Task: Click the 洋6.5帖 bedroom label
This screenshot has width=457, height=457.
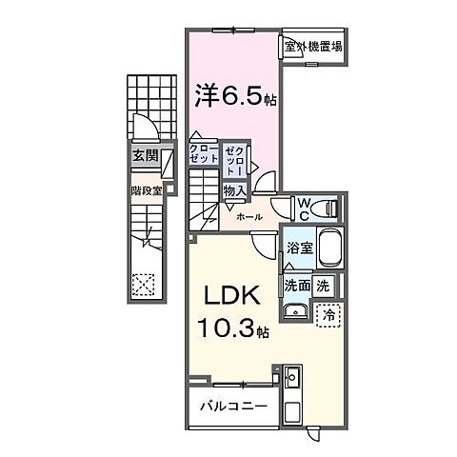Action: click(x=236, y=96)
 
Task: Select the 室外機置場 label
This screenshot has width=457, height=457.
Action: click(x=313, y=46)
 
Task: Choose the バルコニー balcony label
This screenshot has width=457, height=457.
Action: click(x=234, y=407)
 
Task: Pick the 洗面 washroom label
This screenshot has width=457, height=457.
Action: click(x=296, y=284)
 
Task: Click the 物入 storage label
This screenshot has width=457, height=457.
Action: click(x=235, y=191)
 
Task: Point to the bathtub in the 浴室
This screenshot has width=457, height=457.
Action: click(x=328, y=249)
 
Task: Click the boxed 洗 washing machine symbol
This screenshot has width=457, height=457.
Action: click(x=323, y=284)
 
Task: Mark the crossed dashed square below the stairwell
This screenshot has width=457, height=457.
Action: click(x=144, y=284)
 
